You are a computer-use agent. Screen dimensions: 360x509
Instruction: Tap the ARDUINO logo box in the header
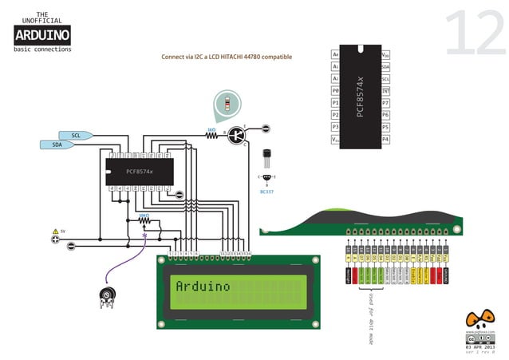click(42, 34)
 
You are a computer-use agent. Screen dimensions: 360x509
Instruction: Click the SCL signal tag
click(77, 135)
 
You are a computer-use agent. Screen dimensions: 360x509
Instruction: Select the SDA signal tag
click(57, 144)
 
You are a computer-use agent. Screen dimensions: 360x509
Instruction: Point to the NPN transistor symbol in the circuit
click(237, 135)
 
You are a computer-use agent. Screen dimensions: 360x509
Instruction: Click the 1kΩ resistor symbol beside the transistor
click(212, 135)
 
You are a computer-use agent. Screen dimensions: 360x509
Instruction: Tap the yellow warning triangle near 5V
click(55, 230)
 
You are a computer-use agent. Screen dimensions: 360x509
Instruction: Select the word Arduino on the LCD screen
click(203, 286)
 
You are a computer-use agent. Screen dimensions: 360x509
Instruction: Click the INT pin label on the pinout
click(385, 91)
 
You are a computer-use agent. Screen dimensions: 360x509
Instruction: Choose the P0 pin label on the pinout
click(336, 91)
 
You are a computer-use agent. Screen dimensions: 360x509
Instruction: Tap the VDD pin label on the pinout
click(385, 54)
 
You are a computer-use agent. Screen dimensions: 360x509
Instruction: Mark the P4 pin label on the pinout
click(385, 139)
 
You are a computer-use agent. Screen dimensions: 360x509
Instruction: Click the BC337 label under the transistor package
click(266, 192)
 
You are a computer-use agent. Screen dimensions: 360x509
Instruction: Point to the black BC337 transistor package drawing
click(266, 156)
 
